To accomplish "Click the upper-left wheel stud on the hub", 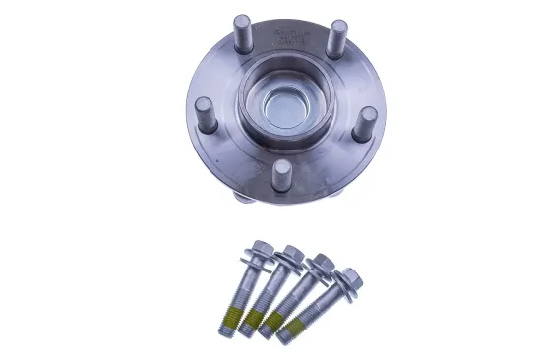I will pyautogui.click(x=243, y=30).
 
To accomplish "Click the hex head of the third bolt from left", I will pyautogui.click(x=321, y=263).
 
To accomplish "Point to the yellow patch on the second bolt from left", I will pyautogui.click(x=253, y=319).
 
